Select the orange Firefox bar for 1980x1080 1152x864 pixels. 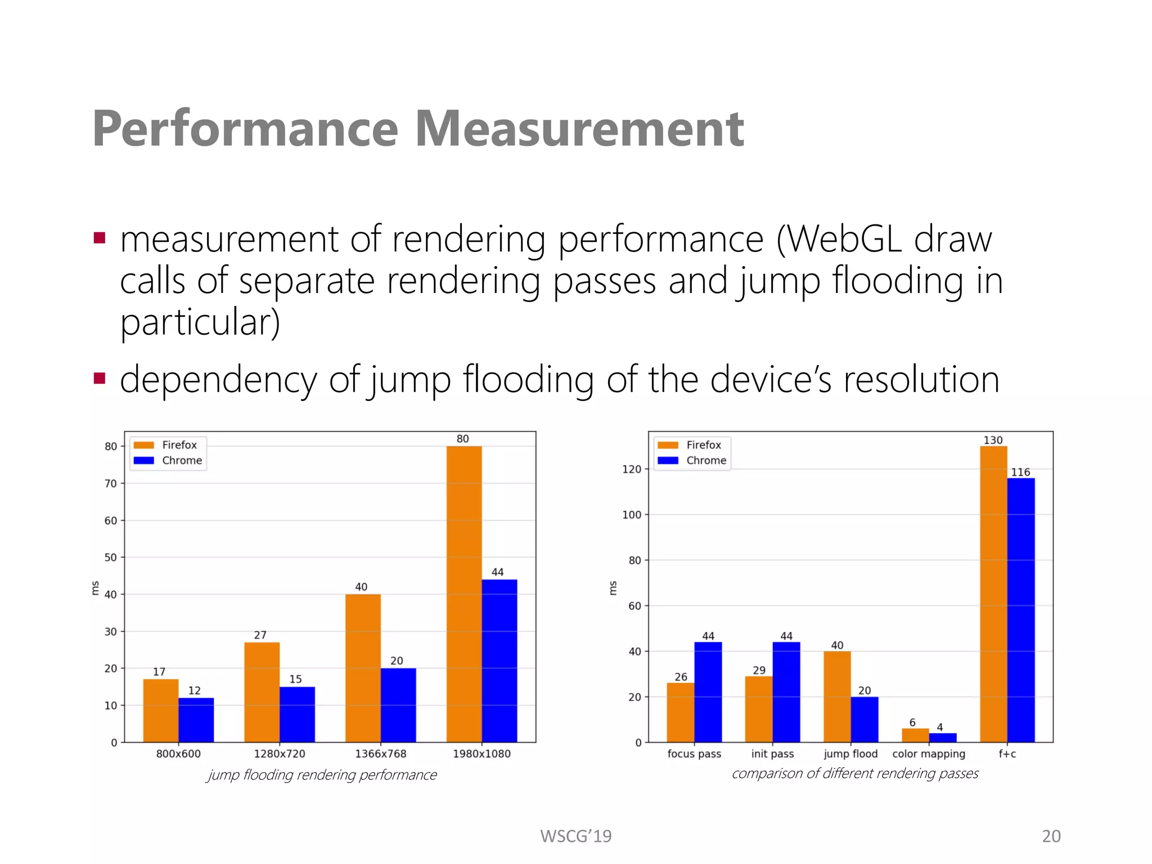(x=463, y=594)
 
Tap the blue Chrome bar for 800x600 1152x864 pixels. (x=196, y=720)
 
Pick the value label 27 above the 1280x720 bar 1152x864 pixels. (x=260, y=635)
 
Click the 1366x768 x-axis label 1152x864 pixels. (x=380, y=754)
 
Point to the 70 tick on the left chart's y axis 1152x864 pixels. (x=110, y=483)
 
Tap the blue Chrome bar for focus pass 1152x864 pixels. (x=708, y=692)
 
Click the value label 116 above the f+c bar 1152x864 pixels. (x=1020, y=472)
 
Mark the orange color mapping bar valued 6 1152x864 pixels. (x=915, y=735)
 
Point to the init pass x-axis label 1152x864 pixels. (x=772, y=754)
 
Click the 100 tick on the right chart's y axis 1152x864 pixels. (x=631, y=515)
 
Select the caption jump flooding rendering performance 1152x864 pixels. (x=322, y=775)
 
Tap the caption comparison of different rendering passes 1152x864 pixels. (x=854, y=773)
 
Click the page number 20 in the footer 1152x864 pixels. (x=1051, y=836)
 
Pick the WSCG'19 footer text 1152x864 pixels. (x=575, y=836)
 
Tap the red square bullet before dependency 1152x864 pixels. (x=100, y=378)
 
